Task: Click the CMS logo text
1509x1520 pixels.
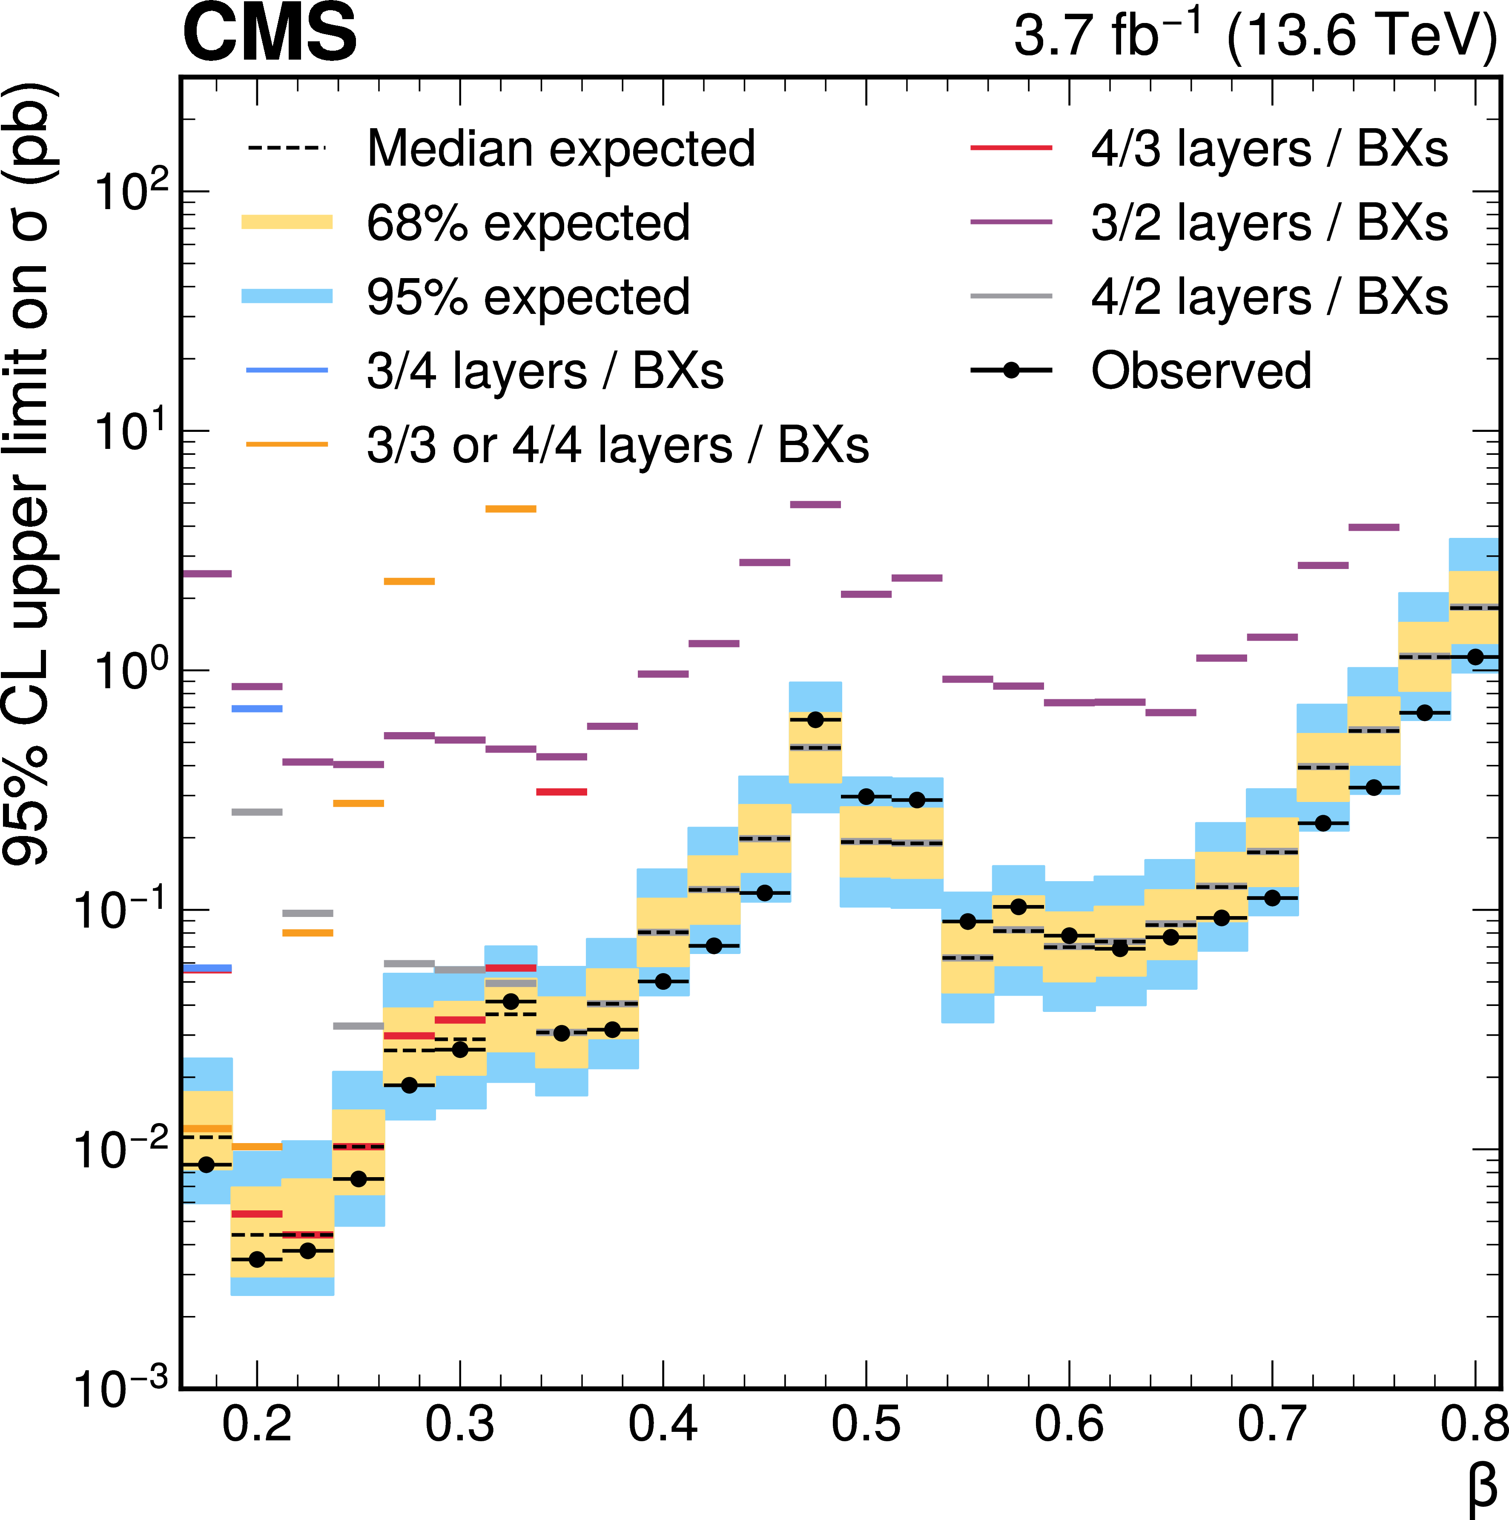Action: pos(270,33)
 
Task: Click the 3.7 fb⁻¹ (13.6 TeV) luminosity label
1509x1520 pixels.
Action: pos(1255,35)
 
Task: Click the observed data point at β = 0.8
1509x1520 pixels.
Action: pos(1476,656)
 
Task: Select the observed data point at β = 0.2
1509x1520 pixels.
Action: pos(256,1260)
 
